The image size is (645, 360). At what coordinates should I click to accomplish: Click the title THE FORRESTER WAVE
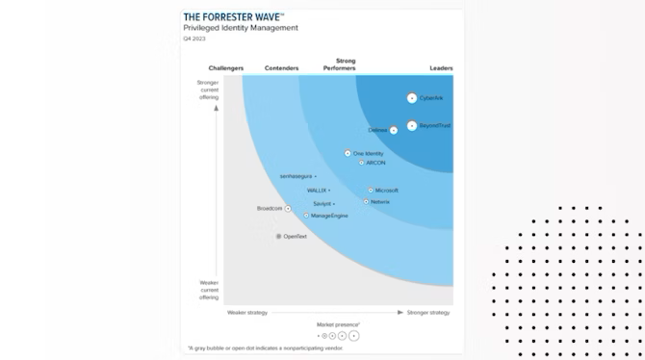(x=233, y=17)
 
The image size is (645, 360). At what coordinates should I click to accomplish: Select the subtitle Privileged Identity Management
(x=240, y=28)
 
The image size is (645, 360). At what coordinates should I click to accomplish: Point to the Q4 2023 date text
(x=193, y=38)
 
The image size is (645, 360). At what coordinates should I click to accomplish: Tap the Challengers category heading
(x=226, y=68)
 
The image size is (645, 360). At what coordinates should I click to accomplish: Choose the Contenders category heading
(x=281, y=68)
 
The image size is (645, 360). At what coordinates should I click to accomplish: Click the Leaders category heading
(x=441, y=68)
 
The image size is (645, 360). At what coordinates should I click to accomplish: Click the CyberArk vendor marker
(x=412, y=98)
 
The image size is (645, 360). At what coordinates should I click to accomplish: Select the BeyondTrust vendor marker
(x=412, y=125)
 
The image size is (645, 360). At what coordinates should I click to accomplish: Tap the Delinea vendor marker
(x=393, y=130)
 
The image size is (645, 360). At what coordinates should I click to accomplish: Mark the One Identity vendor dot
(x=348, y=153)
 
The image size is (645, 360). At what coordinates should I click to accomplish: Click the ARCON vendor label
(x=375, y=163)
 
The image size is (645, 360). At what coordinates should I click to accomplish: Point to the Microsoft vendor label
(x=386, y=190)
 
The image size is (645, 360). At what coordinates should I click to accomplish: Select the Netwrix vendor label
(x=380, y=201)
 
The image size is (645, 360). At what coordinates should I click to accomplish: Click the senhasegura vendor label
(x=297, y=176)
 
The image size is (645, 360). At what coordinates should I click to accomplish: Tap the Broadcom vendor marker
(x=287, y=209)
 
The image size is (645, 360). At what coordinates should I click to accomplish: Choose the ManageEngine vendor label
(x=329, y=216)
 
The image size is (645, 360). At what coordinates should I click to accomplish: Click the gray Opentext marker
(x=278, y=236)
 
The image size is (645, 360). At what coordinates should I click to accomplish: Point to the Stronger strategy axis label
(x=428, y=312)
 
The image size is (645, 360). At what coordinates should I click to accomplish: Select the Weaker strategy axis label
(x=247, y=312)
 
